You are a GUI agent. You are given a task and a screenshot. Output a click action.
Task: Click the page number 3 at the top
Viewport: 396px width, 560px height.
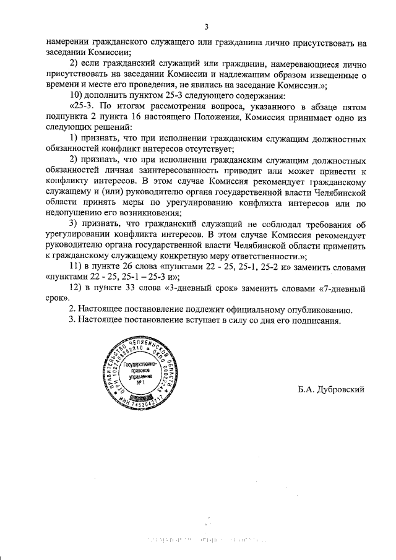pyautogui.click(x=206, y=27)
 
